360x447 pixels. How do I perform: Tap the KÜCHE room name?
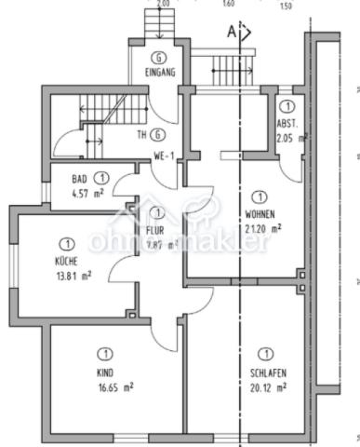coord(67,262)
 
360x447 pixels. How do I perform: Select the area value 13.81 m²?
coord(73,276)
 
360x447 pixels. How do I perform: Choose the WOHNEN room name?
coord(260,211)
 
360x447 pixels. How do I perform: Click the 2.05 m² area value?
coord(291,138)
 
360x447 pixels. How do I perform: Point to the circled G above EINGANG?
coord(159,57)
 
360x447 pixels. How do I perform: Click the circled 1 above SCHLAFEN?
coord(267,354)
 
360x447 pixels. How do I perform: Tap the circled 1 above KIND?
coord(104,353)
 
